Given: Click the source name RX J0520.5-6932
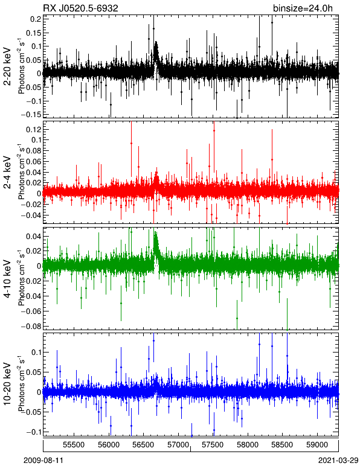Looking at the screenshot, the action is pos(81,8).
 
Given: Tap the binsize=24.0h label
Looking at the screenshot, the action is pos(303,8).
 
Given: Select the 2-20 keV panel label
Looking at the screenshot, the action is pos(7,66).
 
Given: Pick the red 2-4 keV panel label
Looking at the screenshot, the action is pos(7,173).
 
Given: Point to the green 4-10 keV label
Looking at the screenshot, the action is pos(7,279).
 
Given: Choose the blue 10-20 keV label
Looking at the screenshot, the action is pos(7,384).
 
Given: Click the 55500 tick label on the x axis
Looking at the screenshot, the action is pos(74,445).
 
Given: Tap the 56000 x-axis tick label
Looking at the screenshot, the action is pos(109,445).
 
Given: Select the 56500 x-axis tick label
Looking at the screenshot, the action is pos(144,445).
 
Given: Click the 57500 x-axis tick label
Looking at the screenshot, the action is pos(213,445).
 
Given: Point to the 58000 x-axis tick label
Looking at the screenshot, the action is pos(248,445).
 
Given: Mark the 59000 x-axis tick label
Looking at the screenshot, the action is pos(317,445).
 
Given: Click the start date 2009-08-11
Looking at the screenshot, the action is pos(43,461).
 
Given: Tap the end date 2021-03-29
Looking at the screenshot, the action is pos(338,461).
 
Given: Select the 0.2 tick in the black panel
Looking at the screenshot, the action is pos(36,19).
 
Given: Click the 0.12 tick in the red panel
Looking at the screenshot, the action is pos(33,129).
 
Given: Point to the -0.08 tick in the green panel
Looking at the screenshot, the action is pos(31,326).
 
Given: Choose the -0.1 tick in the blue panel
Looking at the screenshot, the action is pos(33,432).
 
